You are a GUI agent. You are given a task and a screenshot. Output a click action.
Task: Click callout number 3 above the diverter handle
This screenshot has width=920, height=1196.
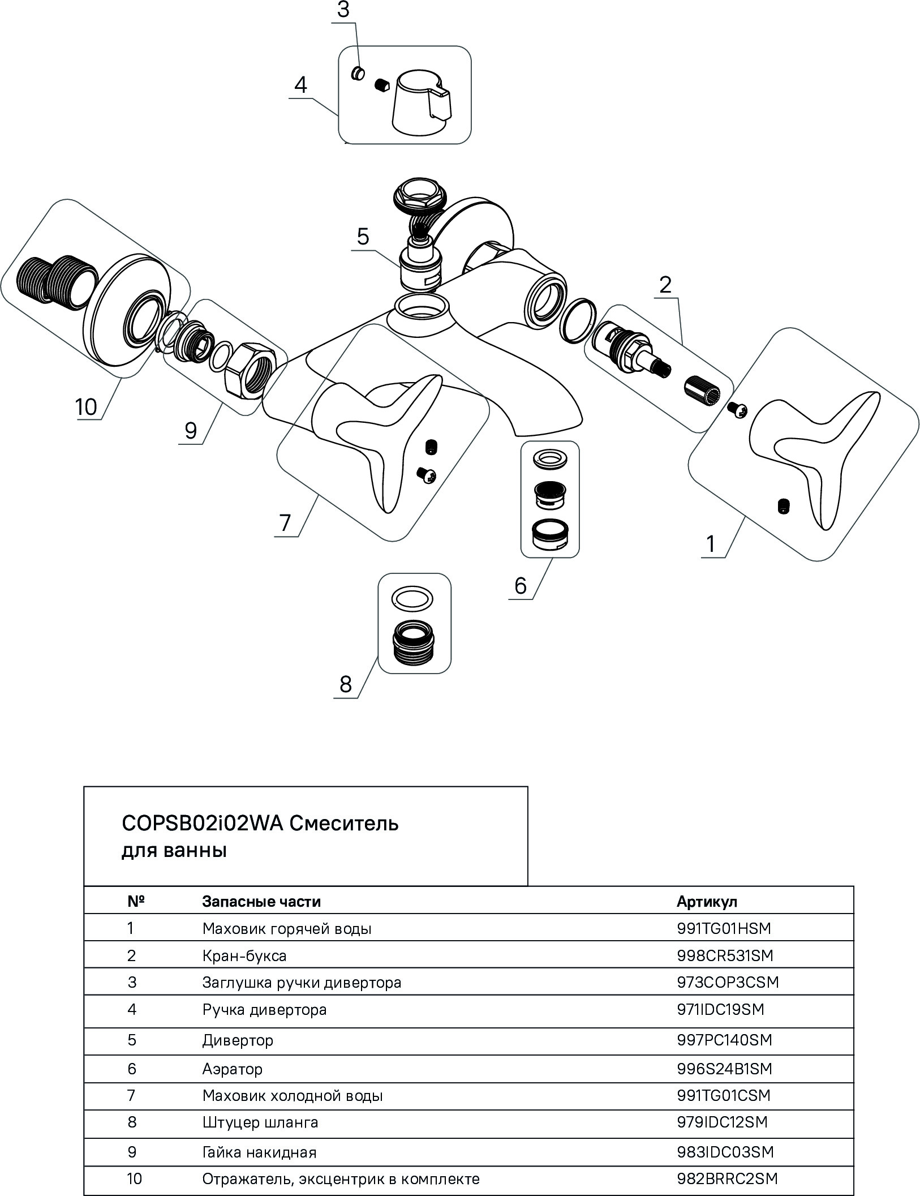coord(343,11)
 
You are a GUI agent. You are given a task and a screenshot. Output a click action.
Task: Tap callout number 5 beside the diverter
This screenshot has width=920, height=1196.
coord(363,237)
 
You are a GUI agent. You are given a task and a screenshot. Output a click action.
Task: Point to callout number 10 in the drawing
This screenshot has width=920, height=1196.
coord(87,406)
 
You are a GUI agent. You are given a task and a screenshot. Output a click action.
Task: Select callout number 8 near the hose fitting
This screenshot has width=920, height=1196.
coord(345,684)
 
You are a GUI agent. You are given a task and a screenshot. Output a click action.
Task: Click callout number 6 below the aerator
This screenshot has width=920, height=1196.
coord(520,585)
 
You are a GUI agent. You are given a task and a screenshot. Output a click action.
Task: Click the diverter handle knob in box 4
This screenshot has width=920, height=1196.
coord(422,104)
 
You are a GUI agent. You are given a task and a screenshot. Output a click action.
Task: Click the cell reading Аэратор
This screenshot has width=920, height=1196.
coord(232,1069)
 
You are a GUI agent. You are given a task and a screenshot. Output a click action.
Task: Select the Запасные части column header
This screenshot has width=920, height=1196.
coord(261,902)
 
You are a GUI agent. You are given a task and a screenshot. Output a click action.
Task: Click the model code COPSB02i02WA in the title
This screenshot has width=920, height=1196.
coord(201,823)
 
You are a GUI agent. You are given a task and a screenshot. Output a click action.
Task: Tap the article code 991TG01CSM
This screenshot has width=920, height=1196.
coord(723,1096)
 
